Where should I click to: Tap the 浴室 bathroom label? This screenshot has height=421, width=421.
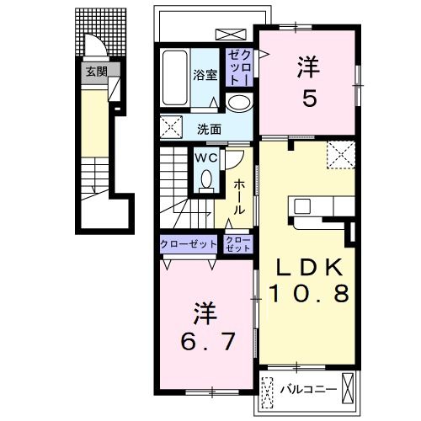point(205,75)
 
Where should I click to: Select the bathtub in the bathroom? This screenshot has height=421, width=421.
point(174,77)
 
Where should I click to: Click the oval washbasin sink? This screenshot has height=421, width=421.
point(238,103)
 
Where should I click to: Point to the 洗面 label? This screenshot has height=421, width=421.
point(209,130)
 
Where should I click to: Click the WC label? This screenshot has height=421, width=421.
point(206,158)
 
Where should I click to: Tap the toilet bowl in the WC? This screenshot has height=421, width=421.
point(206,179)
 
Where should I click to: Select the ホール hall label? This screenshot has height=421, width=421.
point(239,197)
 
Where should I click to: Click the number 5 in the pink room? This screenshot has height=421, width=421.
point(310,98)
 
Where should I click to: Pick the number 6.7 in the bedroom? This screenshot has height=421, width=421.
point(208,341)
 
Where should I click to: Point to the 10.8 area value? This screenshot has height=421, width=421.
point(310,293)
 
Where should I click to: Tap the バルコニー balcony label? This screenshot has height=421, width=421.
point(309,389)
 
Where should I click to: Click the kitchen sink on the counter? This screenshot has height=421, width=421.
point(302,206)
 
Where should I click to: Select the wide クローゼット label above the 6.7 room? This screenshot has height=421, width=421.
point(189,244)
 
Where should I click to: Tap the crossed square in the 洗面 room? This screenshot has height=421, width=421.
point(171,127)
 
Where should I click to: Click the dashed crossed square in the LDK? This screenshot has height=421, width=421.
point(341,155)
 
